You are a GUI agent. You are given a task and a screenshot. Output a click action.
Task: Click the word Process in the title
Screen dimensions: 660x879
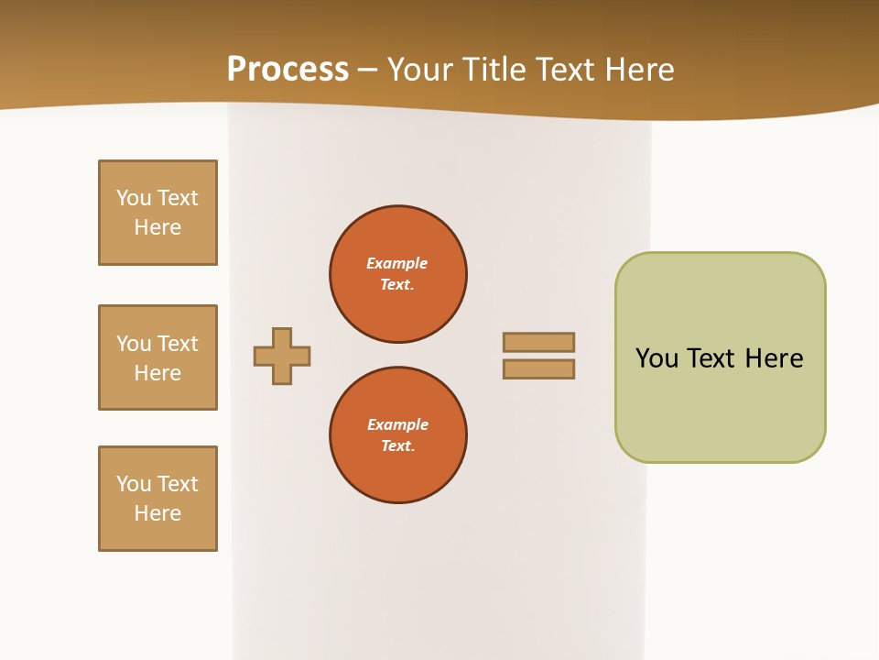click(288, 70)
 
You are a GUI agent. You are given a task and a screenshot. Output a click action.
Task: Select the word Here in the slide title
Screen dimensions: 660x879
click(638, 70)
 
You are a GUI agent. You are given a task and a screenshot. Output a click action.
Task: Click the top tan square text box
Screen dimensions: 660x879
click(157, 213)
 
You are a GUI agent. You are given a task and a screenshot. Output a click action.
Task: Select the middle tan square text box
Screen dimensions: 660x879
click(157, 357)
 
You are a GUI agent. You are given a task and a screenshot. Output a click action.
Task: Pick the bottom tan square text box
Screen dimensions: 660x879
click(157, 499)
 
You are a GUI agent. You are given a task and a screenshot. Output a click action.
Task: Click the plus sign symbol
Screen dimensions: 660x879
click(282, 356)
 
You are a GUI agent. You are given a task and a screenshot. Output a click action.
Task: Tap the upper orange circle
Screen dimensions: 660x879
click(398, 274)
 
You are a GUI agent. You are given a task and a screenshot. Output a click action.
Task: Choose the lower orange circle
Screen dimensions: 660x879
click(398, 435)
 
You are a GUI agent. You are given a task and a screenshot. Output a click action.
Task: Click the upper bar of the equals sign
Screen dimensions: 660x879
click(538, 342)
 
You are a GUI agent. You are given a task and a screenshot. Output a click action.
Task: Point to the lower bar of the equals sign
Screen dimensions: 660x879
click(538, 369)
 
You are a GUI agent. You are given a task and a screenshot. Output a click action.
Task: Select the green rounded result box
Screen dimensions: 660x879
click(720, 357)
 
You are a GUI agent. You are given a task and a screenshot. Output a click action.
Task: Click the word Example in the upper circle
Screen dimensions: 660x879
click(397, 263)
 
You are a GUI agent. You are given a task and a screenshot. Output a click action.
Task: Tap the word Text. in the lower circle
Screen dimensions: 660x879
click(397, 446)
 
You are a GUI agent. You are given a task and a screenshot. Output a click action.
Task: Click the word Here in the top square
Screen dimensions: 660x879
click(157, 227)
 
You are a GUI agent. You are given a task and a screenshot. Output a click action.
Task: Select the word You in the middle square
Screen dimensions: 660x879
click(134, 344)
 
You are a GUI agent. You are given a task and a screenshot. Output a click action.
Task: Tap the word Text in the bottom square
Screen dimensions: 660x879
click(178, 484)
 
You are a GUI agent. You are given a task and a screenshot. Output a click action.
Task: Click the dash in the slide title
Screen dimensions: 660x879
click(368, 70)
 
